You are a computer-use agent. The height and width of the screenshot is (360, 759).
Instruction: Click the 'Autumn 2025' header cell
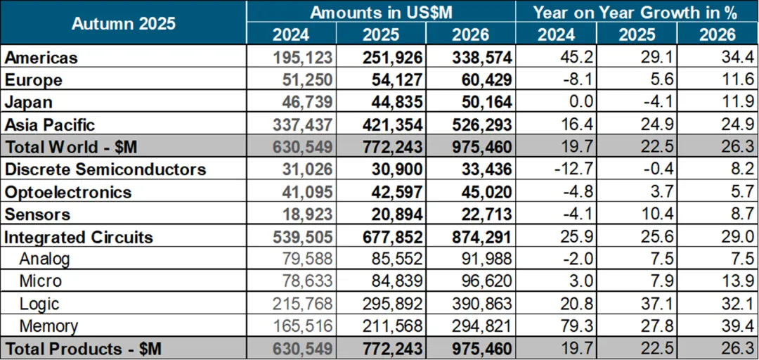pos(124,22)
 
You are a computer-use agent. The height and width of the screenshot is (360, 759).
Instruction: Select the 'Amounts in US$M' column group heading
pos(380,12)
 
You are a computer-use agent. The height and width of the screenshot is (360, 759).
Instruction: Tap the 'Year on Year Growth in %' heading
pos(636,12)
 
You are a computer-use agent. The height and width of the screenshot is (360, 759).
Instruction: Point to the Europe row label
pos(33,79)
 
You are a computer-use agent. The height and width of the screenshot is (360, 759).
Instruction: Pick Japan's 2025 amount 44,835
pos(394,102)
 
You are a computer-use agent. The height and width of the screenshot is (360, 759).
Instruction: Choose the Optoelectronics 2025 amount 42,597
pos(394,192)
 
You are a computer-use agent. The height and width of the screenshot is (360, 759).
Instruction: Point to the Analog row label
pos(45,259)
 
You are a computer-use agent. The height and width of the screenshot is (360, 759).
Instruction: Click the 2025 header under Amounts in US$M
pos(380,34)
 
